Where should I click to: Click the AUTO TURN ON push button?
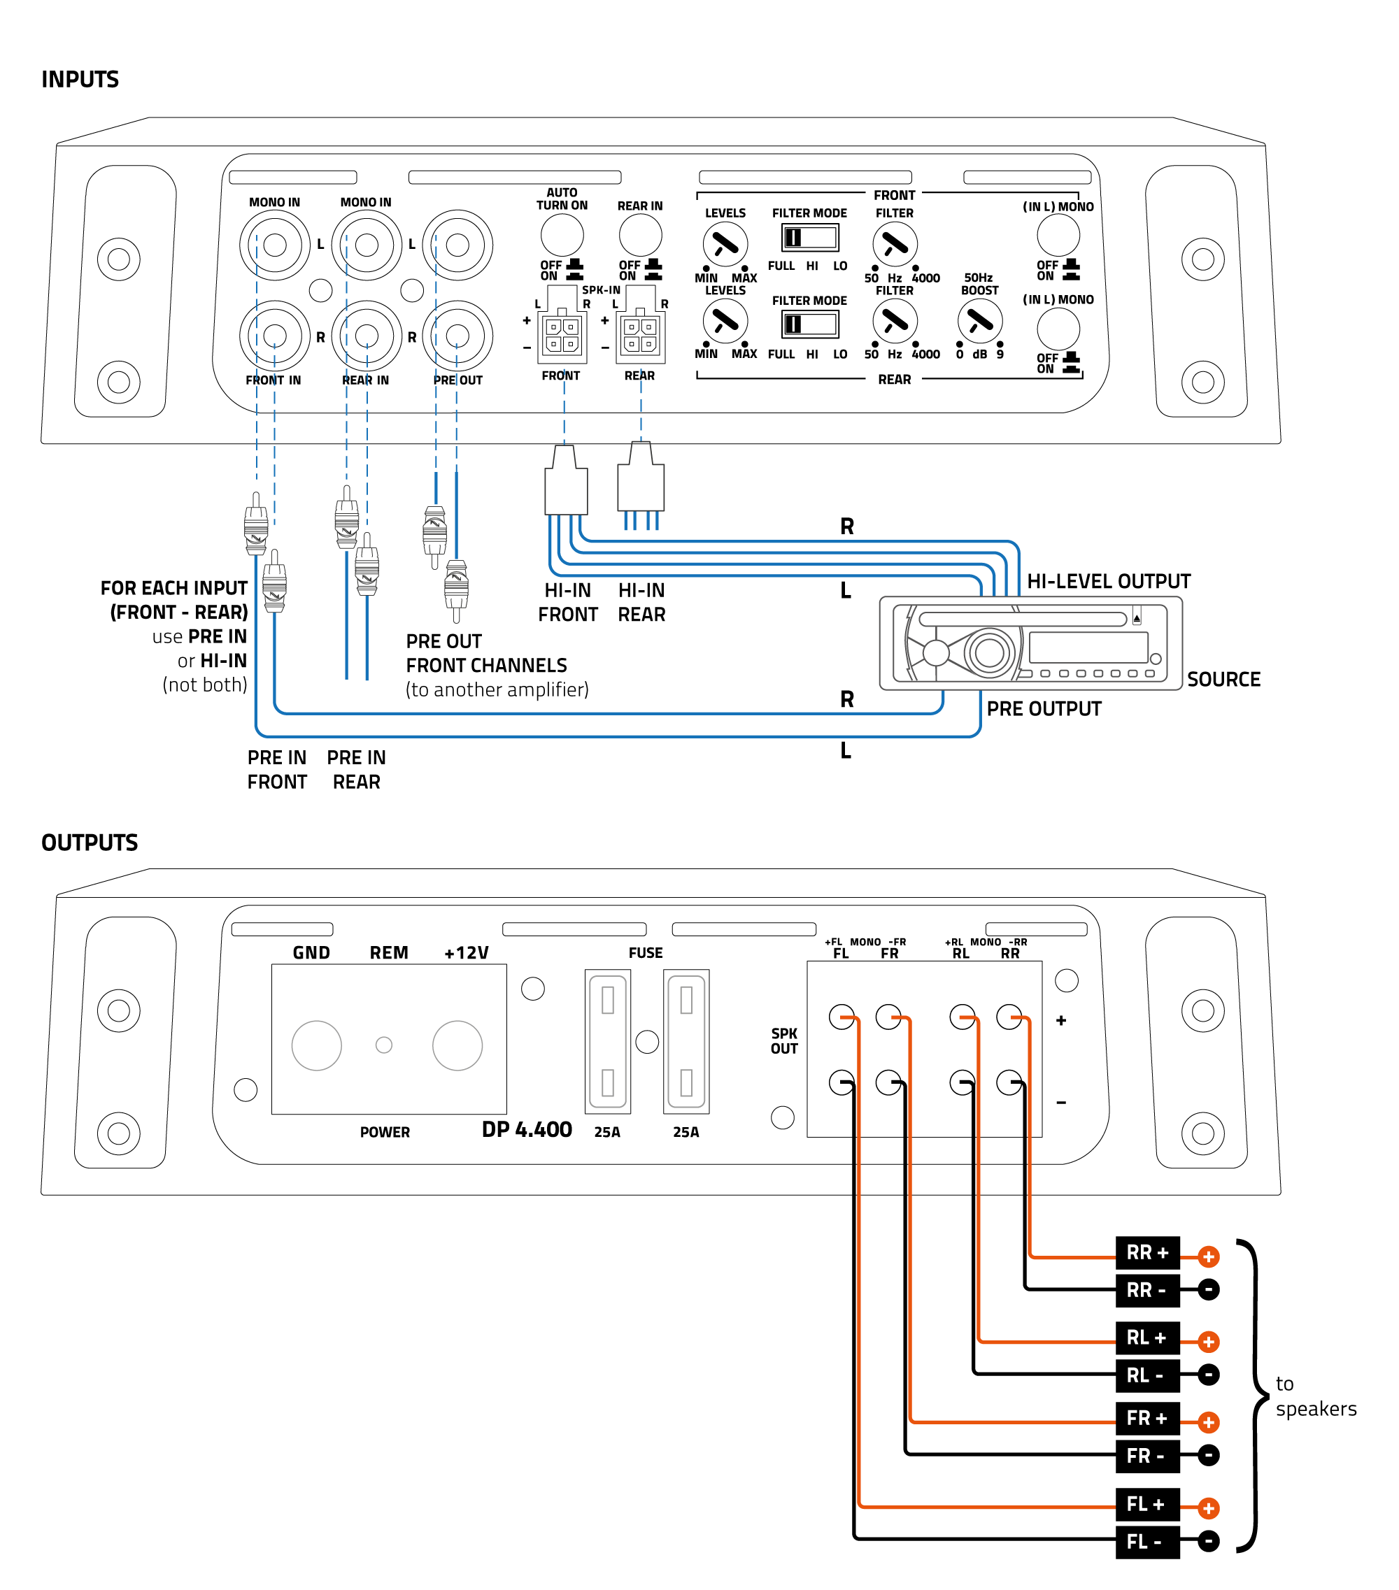tap(561, 234)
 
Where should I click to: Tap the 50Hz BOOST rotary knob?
tap(979, 321)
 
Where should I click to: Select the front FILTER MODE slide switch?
tap(809, 237)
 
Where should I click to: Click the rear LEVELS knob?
tap(725, 321)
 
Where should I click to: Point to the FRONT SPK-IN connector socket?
tap(562, 334)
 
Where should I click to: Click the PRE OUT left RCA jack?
tap(457, 245)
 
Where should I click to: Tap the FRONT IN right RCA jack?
tap(275, 336)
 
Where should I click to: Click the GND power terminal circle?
tap(316, 1045)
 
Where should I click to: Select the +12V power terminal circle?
tap(457, 1045)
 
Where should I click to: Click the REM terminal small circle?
tap(383, 1045)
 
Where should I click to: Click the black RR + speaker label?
tap(1147, 1252)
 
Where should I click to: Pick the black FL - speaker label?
tap(1147, 1541)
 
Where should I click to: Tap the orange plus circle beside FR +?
tap(1207, 1422)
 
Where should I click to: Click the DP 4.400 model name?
tap(527, 1129)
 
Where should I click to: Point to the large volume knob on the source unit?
tap(988, 652)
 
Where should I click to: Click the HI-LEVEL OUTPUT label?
tap(1108, 581)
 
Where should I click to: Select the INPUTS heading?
tap(80, 79)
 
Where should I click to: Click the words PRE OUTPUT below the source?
tap(1044, 709)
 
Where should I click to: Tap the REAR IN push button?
tap(639, 235)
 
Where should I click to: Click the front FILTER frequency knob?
tap(894, 244)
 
